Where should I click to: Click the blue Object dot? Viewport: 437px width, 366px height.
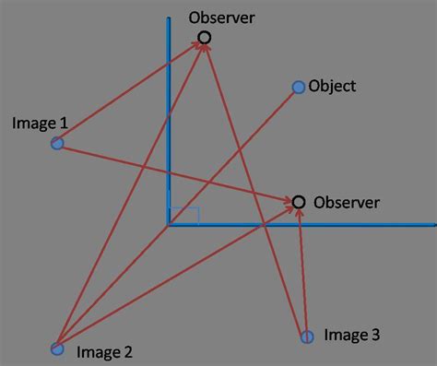click(298, 88)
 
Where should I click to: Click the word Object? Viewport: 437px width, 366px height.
click(333, 87)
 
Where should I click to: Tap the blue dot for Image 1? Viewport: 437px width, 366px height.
click(57, 143)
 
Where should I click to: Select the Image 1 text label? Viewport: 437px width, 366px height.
click(40, 122)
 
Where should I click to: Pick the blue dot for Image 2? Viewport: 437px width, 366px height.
click(57, 348)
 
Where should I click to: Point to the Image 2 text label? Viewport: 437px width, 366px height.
click(104, 351)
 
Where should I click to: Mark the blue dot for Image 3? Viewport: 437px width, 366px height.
click(307, 336)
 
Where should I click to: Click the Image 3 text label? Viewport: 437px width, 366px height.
click(352, 336)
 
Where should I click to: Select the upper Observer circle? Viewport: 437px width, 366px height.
click(205, 38)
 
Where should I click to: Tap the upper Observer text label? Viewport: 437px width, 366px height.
click(220, 18)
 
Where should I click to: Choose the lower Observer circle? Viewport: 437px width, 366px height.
click(298, 202)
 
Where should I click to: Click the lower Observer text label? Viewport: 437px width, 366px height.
click(346, 202)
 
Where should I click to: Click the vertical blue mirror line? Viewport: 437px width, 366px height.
click(170, 111)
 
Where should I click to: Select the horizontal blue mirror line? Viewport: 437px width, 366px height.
click(369, 224)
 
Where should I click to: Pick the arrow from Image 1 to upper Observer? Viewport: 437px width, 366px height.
click(129, 91)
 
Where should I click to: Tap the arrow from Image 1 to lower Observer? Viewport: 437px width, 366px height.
click(175, 172)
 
